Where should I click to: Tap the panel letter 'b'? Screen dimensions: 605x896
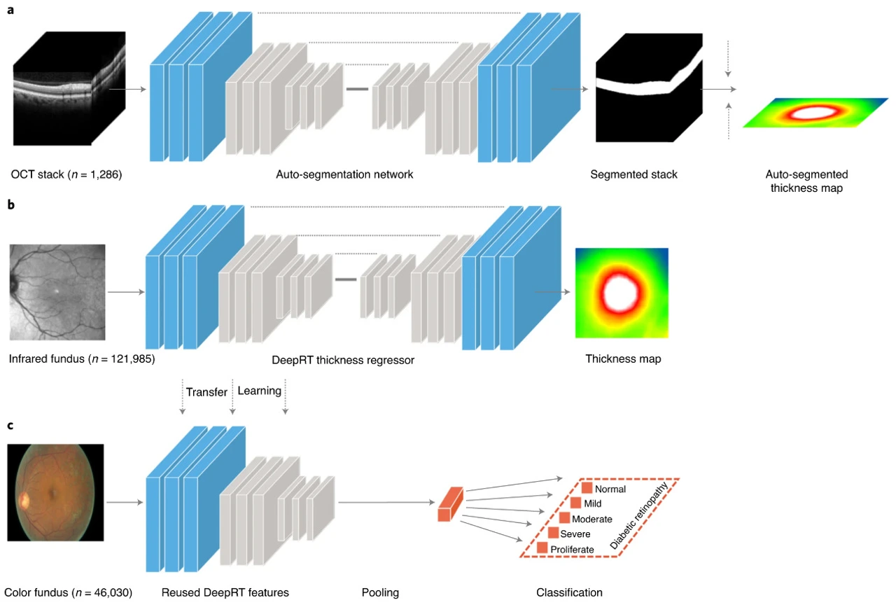pyautogui.click(x=10, y=206)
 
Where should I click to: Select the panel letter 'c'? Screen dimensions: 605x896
pyautogui.click(x=10, y=426)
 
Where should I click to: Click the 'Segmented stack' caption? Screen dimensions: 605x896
pyautogui.click(x=633, y=174)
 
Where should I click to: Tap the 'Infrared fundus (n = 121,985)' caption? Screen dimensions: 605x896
pyautogui.click(x=82, y=359)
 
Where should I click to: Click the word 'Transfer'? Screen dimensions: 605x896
pyautogui.click(x=206, y=391)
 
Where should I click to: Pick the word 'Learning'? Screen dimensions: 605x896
pyautogui.click(x=260, y=391)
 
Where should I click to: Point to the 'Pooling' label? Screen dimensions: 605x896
pyautogui.click(x=380, y=592)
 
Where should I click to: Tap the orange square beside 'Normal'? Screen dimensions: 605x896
pyautogui.click(x=587, y=488)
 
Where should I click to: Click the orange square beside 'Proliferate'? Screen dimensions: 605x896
pyautogui.click(x=542, y=548)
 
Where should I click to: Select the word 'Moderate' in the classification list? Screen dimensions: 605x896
pyautogui.click(x=592, y=519)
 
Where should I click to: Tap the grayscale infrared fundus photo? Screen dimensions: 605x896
pyautogui.click(x=57, y=291)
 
